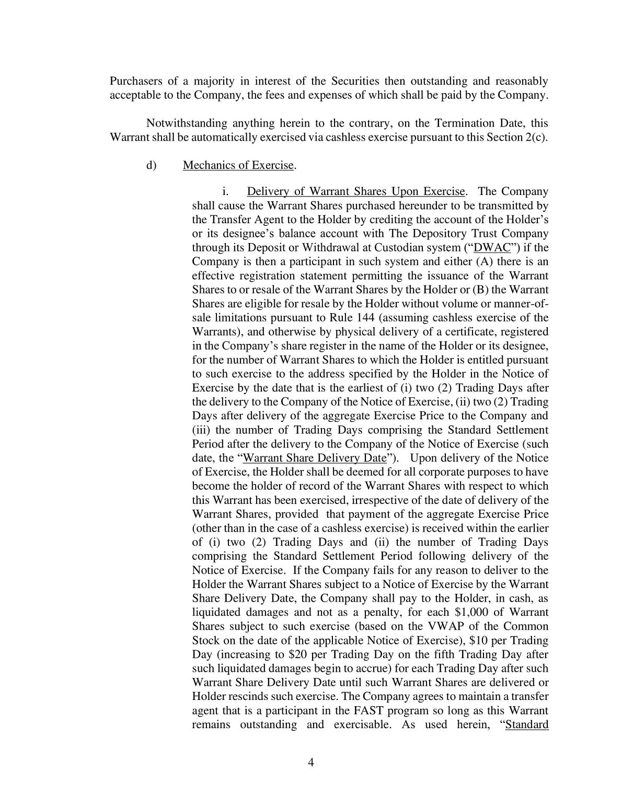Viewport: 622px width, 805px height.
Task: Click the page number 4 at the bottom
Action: coord(310,762)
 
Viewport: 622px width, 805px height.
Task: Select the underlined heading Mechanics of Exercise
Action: coord(238,165)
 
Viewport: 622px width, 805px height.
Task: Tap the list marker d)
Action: coord(151,165)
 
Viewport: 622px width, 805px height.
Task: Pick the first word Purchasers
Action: coord(135,81)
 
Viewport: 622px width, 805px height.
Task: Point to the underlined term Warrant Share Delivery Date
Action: coord(315,458)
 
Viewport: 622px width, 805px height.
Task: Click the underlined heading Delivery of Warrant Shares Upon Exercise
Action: coord(355,191)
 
